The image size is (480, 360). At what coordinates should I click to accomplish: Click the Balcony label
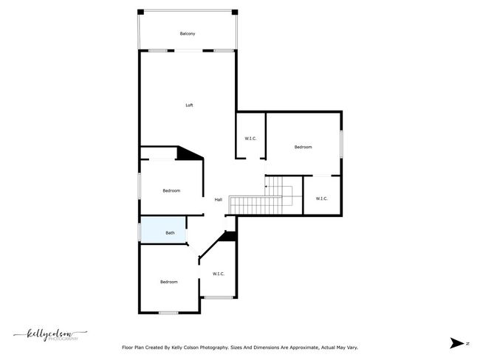click(188, 34)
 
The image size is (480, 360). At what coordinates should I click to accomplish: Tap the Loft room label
click(189, 105)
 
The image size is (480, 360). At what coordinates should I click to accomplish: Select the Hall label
click(219, 200)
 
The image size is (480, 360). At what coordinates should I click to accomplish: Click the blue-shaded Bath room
click(163, 230)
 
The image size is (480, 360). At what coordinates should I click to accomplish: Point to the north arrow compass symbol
click(456, 343)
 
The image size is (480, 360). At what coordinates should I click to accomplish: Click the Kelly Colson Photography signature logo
click(50, 335)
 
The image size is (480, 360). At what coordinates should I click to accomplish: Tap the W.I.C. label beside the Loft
click(250, 139)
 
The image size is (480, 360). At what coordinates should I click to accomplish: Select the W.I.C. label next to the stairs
click(321, 198)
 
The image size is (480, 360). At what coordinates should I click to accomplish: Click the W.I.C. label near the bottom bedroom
click(219, 274)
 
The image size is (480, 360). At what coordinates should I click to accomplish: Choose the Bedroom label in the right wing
click(303, 147)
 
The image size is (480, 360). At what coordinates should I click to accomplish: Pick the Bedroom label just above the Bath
click(171, 191)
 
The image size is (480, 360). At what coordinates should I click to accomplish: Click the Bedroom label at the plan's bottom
click(169, 282)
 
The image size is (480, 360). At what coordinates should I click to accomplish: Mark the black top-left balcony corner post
click(140, 13)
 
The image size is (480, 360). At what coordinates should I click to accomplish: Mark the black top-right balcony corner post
click(235, 13)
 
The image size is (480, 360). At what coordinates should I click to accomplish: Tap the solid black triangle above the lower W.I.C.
click(229, 236)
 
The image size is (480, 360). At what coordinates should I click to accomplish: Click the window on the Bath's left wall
click(140, 232)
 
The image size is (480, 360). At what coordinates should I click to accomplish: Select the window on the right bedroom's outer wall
click(341, 145)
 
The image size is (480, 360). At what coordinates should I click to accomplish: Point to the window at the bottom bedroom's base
click(168, 313)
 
